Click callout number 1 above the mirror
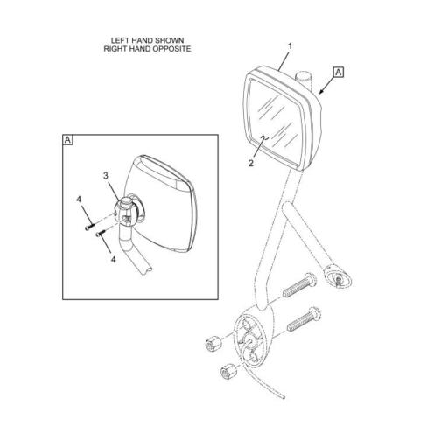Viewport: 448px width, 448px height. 290,46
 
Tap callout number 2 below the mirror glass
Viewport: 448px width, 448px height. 251,164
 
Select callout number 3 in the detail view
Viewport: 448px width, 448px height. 106,176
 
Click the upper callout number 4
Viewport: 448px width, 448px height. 79,199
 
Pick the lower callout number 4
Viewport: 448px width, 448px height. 114,259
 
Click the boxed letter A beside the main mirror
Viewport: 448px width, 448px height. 339,72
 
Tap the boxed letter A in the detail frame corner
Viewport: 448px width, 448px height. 67,140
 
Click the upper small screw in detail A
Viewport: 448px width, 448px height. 89,227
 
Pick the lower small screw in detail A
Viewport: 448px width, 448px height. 101,233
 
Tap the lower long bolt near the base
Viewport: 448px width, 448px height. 304,319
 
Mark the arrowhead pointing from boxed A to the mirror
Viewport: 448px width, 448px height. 321,92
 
